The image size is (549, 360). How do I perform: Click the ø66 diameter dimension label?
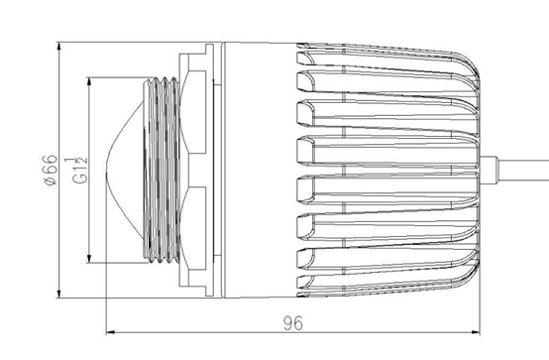pyautogui.click(x=51, y=170)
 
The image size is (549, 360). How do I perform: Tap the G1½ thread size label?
pyautogui.click(x=80, y=171)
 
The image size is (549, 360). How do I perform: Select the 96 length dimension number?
pyautogui.click(x=293, y=323)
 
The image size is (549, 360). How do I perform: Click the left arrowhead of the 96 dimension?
pyautogui.click(x=110, y=332)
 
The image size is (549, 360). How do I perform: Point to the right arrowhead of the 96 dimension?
pyautogui.click(x=476, y=332)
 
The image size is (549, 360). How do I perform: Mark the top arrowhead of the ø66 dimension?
pyautogui.click(x=58, y=47)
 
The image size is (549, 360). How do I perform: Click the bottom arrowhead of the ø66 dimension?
pyautogui.click(x=58, y=294)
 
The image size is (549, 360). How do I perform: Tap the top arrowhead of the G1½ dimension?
pyautogui.click(x=89, y=82)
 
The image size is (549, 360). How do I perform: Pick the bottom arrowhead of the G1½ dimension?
pyautogui.click(x=89, y=258)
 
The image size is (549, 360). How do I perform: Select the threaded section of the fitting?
pyautogui.click(x=162, y=170)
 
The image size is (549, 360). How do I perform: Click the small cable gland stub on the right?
pyautogui.click(x=489, y=170)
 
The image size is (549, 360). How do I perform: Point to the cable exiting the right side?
pyautogui.click(x=523, y=171)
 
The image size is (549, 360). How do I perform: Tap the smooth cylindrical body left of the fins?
pyautogui.click(x=260, y=170)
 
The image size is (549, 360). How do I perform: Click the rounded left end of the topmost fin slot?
pyautogui.click(x=304, y=59)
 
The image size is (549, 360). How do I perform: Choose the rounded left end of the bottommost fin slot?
pyautogui.click(x=304, y=282)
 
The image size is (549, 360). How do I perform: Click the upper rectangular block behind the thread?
pyautogui.click(x=197, y=112)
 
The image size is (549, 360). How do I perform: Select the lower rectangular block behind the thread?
pyautogui.click(x=197, y=228)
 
